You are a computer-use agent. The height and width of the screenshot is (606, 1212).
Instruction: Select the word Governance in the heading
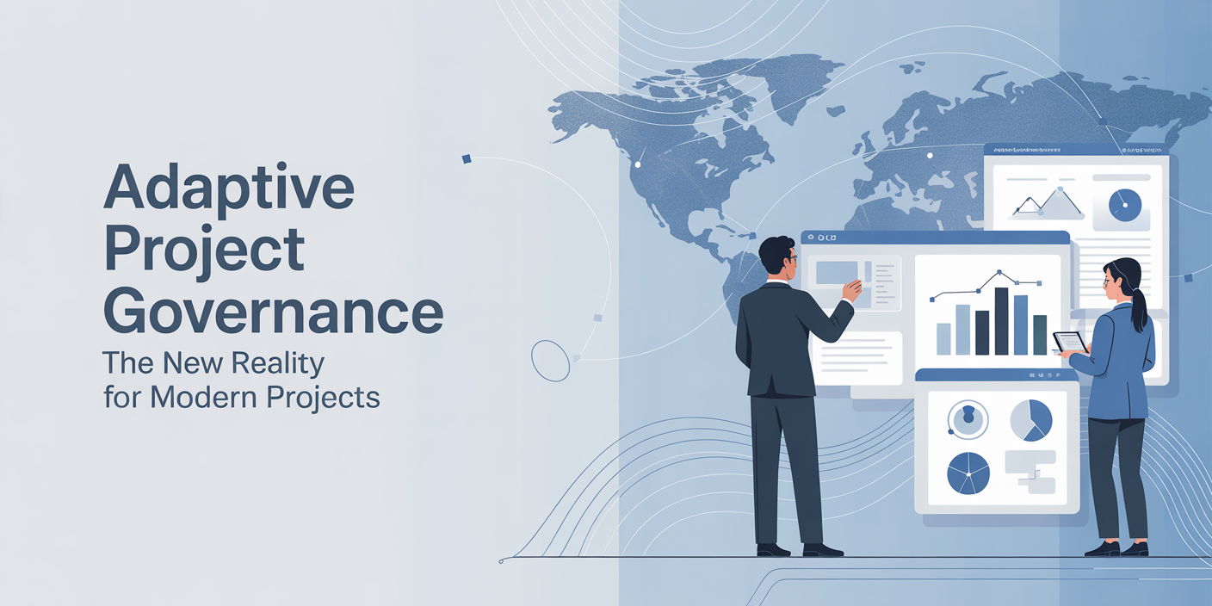click(x=273, y=313)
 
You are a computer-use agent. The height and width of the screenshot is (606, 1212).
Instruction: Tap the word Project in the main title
click(x=204, y=251)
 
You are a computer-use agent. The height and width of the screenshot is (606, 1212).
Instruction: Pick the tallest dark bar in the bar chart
click(x=1001, y=321)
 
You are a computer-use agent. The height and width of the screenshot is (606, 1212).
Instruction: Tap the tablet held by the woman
click(x=1070, y=342)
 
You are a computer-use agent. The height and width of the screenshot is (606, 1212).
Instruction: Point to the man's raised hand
click(x=851, y=290)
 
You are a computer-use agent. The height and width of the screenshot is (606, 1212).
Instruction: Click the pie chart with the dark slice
click(x=1030, y=419)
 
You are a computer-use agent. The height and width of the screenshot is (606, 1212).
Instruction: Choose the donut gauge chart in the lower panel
click(x=968, y=419)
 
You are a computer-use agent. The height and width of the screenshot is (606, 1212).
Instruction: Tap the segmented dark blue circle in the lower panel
click(x=968, y=473)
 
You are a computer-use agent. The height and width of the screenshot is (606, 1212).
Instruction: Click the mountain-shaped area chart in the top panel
click(x=1048, y=203)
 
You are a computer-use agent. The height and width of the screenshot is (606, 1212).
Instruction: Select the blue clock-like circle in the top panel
click(x=1124, y=205)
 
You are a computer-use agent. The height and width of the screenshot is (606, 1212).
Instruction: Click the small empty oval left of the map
click(x=550, y=360)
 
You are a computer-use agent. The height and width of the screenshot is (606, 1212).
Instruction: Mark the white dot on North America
click(x=638, y=164)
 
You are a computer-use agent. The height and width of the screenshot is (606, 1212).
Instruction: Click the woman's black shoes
click(x=1116, y=548)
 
